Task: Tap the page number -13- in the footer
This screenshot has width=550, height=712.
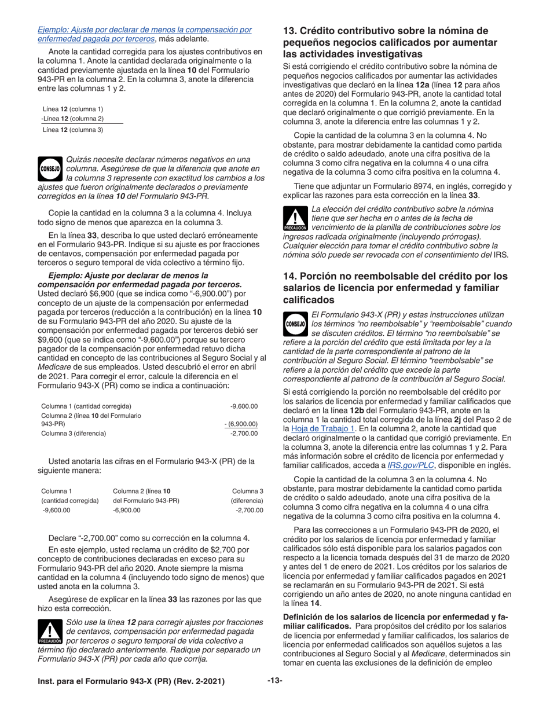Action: click(x=274, y=681)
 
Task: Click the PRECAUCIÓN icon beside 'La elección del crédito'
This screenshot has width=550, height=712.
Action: click(x=295, y=220)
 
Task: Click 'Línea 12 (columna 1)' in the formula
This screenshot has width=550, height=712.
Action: click(x=73, y=109)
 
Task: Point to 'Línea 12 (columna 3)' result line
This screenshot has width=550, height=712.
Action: click(x=73, y=130)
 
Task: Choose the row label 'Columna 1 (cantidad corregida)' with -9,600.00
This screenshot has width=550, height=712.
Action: click(x=86, y=406)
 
